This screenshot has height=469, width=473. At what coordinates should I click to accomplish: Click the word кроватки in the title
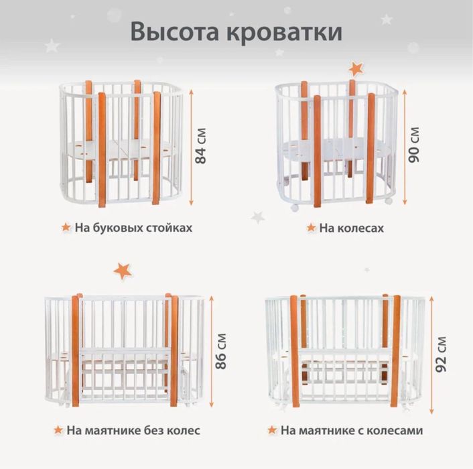[x=286, y=31]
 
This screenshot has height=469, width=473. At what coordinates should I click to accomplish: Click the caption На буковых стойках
[x=133, y=227]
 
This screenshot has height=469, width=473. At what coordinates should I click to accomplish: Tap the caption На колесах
[x=352, y=228]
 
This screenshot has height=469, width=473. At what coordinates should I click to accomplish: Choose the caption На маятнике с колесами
[x=352, y=429]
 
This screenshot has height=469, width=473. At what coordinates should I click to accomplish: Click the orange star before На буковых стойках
[x=65, y=227]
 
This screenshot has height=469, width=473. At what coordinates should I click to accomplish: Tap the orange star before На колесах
[x=311, y=228]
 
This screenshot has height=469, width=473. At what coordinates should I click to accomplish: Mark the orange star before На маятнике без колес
[x=59, y=429]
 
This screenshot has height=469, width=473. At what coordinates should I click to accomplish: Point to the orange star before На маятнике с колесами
[x=272, y=429]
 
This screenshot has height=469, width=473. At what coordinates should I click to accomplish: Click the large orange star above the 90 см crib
[x=355, y=68]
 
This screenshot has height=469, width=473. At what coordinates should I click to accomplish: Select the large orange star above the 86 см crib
[x=123, y=270]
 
